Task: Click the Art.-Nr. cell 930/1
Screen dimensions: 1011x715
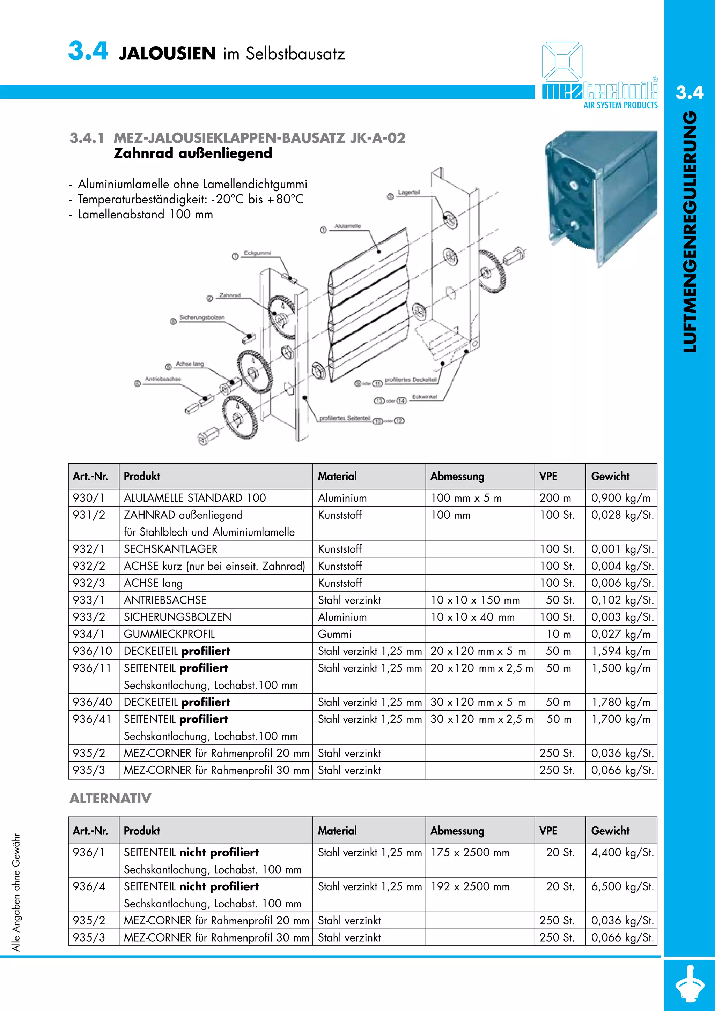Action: tap(89, 498)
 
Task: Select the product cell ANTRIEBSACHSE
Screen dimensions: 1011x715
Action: tap(165, 600)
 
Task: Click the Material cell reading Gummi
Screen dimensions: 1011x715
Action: tap(335, 634)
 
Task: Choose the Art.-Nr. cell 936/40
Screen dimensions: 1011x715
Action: tap(93, 702)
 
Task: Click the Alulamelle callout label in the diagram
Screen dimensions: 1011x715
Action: tap(348, 226)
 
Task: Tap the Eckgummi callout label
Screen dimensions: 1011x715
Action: tap(257, 253)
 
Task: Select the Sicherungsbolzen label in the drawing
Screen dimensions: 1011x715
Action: tap(202, 318)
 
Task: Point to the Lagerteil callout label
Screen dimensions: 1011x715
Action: tap(409, 193)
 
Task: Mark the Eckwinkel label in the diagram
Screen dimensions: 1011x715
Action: tap(424, 397)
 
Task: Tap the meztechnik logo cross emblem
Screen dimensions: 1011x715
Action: tap(562, 62)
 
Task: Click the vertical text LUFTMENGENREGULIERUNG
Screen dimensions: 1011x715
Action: tap(690, 231)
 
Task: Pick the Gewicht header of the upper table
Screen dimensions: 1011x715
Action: tap(610, 477)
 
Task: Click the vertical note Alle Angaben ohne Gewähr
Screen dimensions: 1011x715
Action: tap(16, 892)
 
